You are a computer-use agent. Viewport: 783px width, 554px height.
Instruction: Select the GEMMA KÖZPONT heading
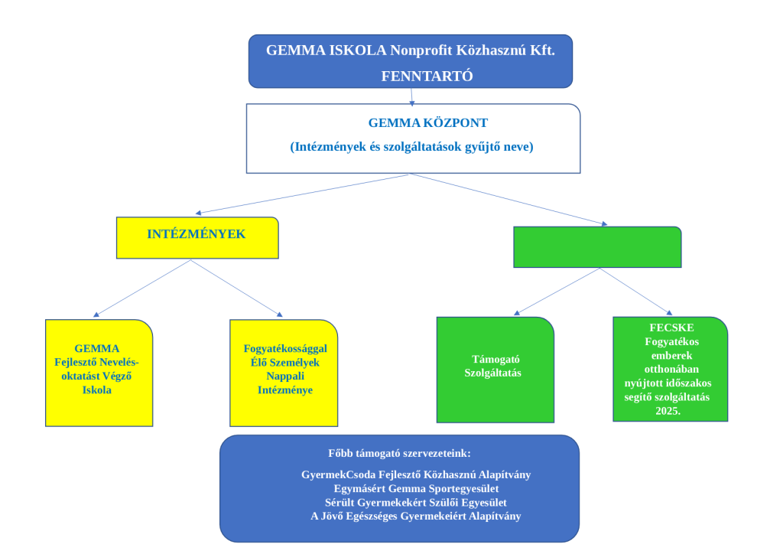pyautogui.click(x=427, y=122)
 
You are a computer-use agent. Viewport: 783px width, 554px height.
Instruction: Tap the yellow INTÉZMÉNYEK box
pyautogui.click(x=197, y=237)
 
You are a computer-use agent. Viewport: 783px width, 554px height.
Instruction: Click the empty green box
pyautogui.click(x=597, y=247)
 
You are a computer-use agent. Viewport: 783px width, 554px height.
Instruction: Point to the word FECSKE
pyautogui.click(x=670, y=328)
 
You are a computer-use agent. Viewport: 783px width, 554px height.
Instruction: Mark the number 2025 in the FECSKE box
pyautogui.click(x=668, y=411)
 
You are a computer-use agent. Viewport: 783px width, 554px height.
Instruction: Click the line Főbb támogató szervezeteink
pyautogui.click(x=399, y=453)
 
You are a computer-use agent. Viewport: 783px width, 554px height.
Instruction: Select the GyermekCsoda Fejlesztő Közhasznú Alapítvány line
pyautogui.click(x=416, y=474)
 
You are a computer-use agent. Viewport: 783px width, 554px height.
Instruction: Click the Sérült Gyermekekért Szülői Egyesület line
pyautogui.click(x=416, y=502)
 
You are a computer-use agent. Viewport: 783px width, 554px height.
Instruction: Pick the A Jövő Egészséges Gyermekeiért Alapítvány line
pyautogui.click(x=416, y=516)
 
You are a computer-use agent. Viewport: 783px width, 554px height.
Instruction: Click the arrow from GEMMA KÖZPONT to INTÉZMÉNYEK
pyautogui.click(x=303, y=194)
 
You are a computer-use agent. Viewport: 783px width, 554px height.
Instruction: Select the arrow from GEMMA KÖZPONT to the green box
pyautogui.click(x=509, y=200)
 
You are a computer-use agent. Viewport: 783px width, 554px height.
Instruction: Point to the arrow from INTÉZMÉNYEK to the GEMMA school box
pyautogui.click(x=141, y=288)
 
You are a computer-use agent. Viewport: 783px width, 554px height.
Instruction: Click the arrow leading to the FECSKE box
pyautogui.click(x=636, y=292)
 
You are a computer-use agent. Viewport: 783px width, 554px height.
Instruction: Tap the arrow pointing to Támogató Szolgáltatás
pyautogui.click(x=557, y=292)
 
